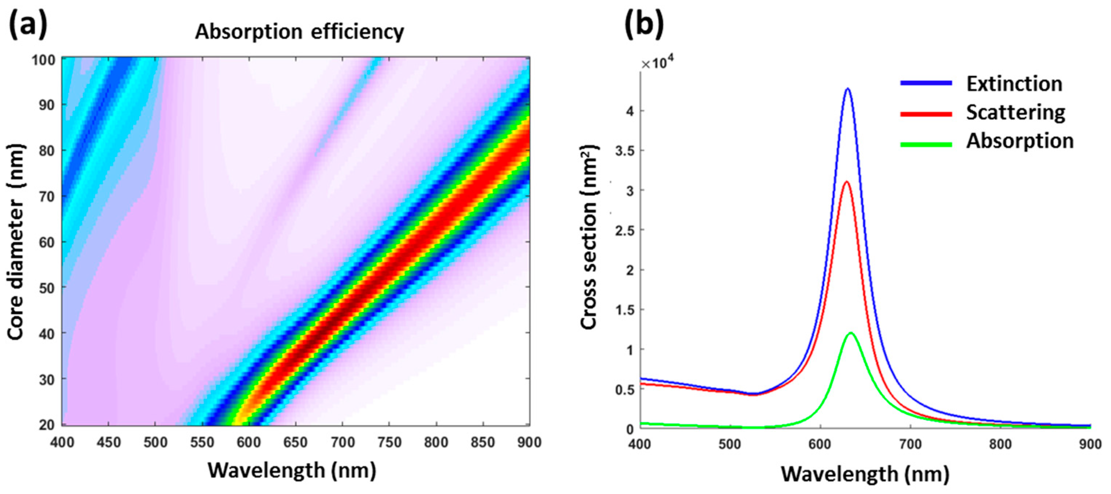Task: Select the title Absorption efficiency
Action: point(299,32)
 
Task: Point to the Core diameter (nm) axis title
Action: point(16,242)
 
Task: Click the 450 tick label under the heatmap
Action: point(109,442)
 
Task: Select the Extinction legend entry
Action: point(1014,84)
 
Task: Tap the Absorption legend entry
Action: point(1019,141)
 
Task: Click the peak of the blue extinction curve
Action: point(847,89)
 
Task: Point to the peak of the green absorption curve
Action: point(850,333)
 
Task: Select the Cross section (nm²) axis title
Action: point(589,237)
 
